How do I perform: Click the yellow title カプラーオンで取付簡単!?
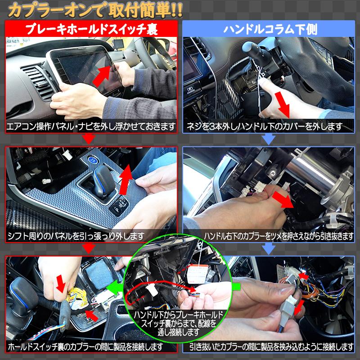tap(95, 10)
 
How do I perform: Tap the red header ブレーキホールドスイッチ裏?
tap(91, 29)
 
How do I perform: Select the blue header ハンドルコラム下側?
tap(270, 30)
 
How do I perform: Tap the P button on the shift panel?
tap(117, 210)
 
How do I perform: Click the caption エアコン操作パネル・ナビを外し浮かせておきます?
tap(91, 126)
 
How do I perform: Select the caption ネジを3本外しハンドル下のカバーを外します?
tap(265, 126)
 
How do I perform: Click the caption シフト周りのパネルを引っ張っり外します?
tap(76, 236)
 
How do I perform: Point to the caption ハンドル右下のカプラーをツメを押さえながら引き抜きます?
tap(279, 236)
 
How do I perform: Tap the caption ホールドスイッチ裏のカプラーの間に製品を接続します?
tap(85, 346)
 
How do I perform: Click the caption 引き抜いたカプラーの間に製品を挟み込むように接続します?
tap(271, 346)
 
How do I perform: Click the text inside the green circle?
tap(178, 323)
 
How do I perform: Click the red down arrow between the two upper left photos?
tap(89, 139)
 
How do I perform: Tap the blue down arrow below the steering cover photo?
tap(268, 139)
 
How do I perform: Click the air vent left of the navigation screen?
tap(40, 81)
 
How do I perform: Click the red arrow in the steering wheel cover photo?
tap(283, 104)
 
